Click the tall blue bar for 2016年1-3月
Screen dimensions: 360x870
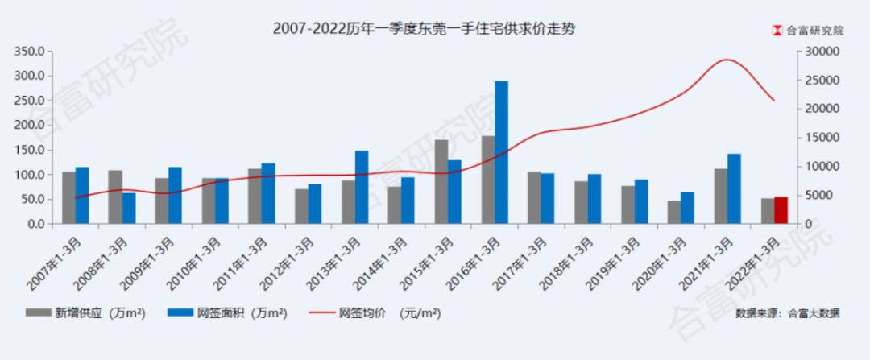(x=501, y=152)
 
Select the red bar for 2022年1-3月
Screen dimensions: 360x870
(x=781, y=210)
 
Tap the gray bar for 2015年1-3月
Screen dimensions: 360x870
(x=441, y=182)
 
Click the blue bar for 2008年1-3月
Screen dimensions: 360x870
(x=129, y=209)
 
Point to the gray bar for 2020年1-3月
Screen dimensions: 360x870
(x=674, y=213)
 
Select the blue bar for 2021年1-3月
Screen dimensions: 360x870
(x=734, y=189)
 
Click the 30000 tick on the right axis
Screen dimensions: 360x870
(x=821, y=52)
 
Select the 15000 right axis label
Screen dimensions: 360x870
(x=821, y=138)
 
